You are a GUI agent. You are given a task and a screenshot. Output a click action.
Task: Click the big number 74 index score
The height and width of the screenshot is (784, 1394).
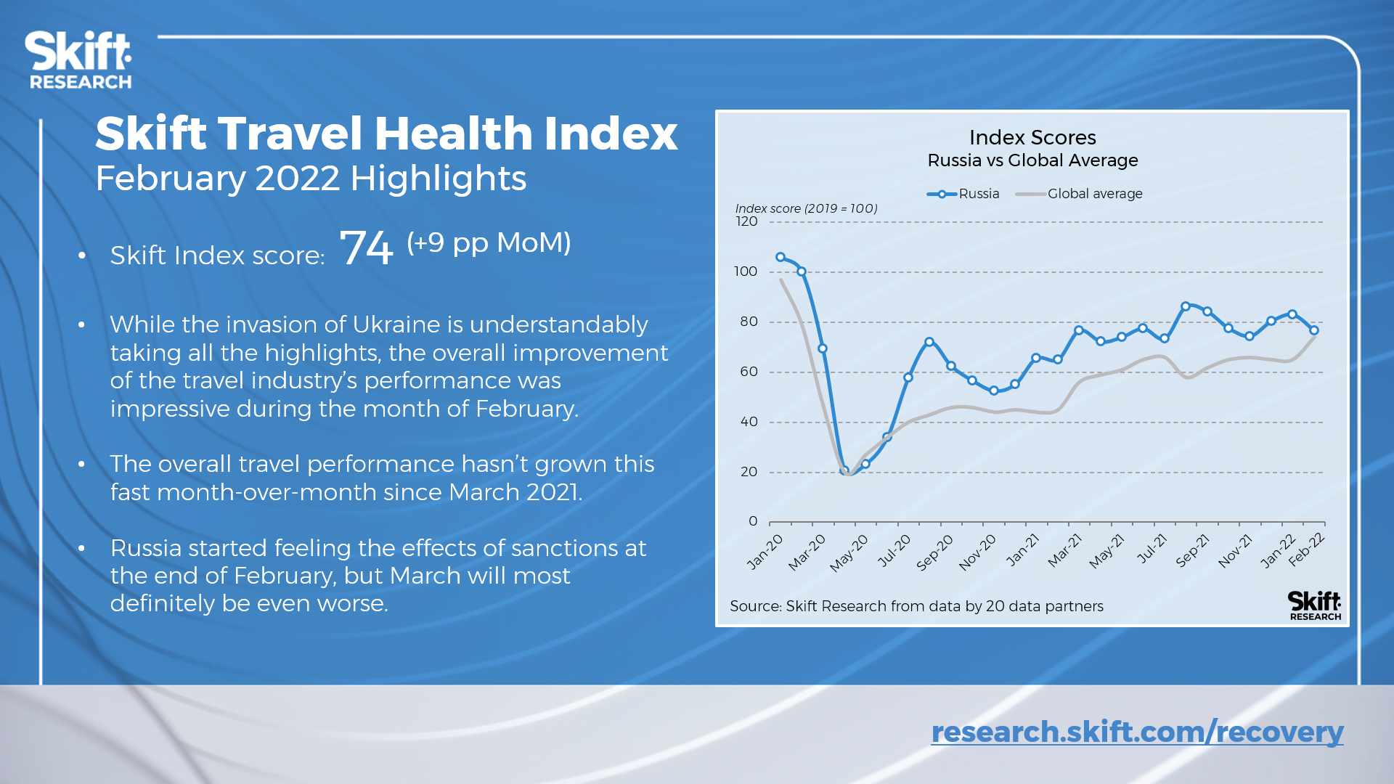(x=366, y=248)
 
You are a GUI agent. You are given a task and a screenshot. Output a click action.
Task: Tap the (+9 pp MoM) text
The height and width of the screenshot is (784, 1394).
(x=489, y=242)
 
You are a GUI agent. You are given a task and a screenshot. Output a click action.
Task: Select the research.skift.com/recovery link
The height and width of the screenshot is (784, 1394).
(x=1137, y=732)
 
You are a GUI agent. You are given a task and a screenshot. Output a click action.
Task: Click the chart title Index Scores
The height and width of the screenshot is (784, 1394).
(x=1032, y=138)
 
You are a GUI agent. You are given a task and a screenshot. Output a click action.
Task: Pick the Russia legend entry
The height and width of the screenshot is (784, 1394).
(x=963, y=194)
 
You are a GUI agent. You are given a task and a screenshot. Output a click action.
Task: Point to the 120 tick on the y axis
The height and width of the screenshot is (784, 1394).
(x=746, y=222)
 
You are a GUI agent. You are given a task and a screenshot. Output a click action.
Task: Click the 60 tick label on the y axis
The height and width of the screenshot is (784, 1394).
(x=749, y=372)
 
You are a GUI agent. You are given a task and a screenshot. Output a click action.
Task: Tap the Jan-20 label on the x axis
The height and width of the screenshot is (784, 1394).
(x=766, y=551)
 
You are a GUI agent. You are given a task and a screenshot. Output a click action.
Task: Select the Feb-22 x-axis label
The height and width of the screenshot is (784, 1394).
(x=1307, y=549)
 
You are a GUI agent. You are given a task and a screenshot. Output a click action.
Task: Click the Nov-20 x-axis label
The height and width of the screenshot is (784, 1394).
(x=977, y=552)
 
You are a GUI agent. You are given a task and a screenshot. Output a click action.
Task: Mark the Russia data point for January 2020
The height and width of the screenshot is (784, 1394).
(x=780, y=257)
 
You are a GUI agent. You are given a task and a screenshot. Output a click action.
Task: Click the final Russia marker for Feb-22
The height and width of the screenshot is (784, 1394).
(x=1314, y=330)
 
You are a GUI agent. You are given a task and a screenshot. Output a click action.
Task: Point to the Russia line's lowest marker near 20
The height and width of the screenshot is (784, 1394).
(x=844, y=470)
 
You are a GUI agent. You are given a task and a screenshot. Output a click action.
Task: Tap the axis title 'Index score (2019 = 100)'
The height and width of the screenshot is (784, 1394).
(x=806, y=208)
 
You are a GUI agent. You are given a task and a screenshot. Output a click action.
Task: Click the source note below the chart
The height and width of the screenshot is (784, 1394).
(x=916, y=606)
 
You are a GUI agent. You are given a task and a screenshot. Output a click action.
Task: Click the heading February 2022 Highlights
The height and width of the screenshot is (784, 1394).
(x=311, y=179)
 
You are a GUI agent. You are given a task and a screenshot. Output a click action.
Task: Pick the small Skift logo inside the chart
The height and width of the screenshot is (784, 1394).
(x=1315, y=605)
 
